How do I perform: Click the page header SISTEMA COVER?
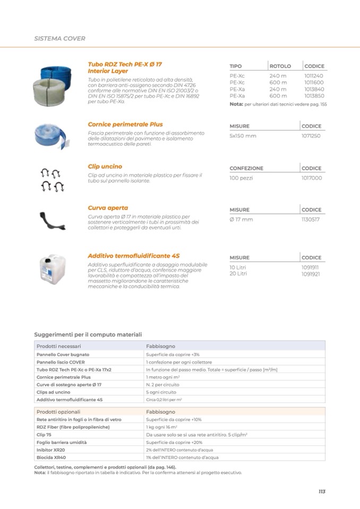[59, 39]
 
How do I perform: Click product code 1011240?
[313, 76]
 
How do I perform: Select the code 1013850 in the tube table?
[314, 96]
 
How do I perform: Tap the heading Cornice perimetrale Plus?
[125, 124]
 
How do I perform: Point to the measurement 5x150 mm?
[243, 136]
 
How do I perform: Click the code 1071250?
[311, 136]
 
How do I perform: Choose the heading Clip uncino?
[105, 166]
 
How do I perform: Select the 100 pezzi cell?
[241, 178]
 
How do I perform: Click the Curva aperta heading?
[108, 208]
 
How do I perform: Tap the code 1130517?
[311, 219]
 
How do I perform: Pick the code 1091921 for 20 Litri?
[310, 274]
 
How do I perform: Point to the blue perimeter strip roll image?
[52, 135]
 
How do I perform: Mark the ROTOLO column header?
[280, 66]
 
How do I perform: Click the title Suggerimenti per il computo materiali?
[88, 334]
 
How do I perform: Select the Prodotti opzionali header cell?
[58, 411]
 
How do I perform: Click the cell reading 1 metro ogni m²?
[162, 377]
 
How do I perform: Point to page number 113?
[321, 491]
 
